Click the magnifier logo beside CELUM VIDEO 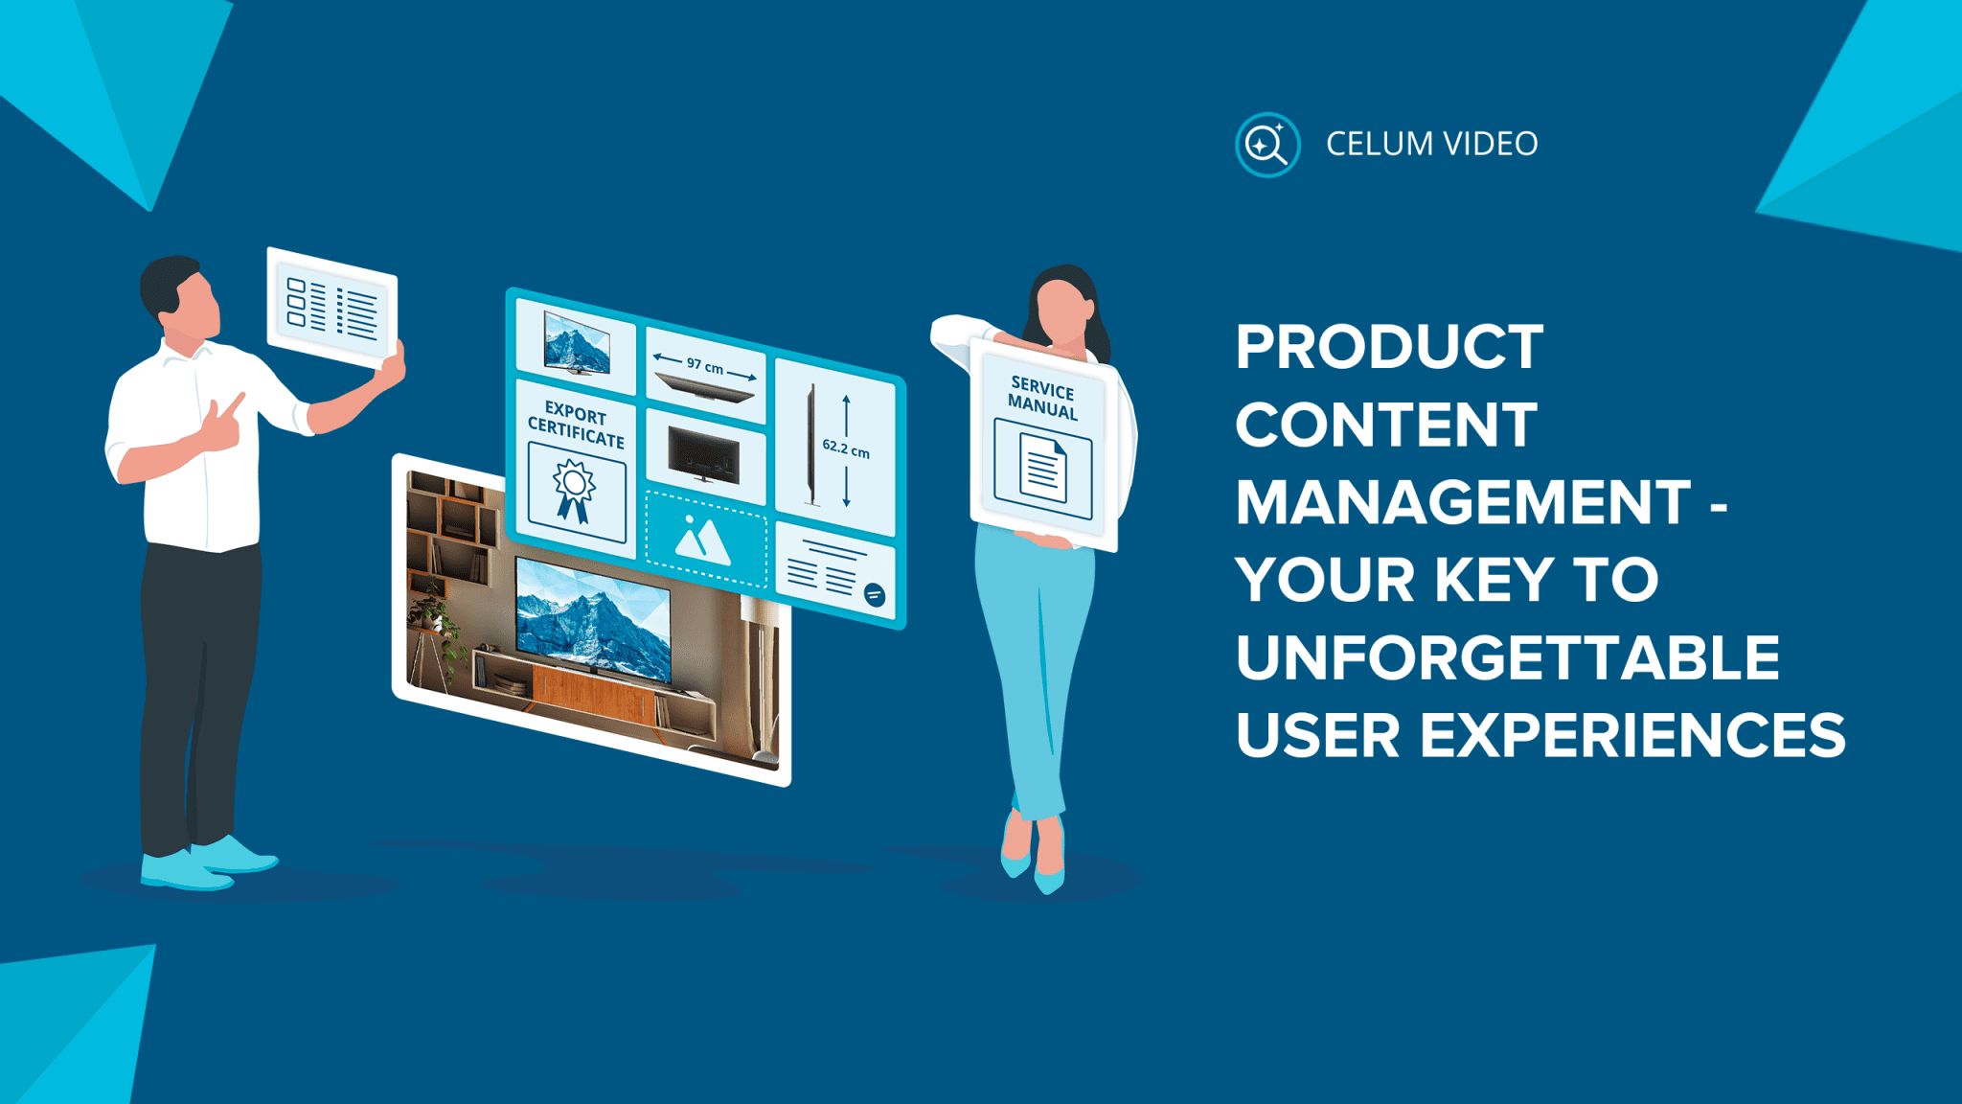[x=1266, y=145]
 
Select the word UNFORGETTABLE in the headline [x=1507, y=657]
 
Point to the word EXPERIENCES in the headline [x=1631, y=736]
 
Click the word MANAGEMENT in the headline [x=1463, y=502]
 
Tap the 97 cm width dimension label [x=705, y=366]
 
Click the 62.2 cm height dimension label [x=846, y=448]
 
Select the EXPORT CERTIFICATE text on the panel [x=576, y=425]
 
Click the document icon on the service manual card [x=1042, y=469]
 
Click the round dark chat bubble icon [x=874, y=595]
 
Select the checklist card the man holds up [x=332, y=308]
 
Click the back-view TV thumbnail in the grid [x=704, y=454]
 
